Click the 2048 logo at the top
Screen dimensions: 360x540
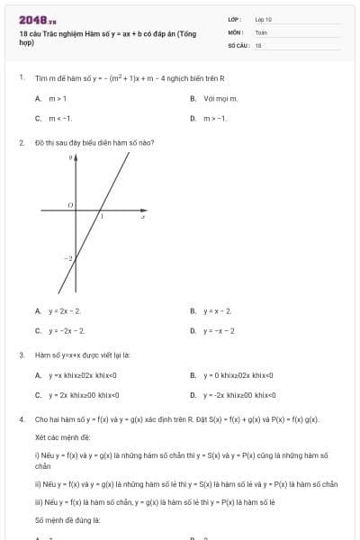click(36, 19)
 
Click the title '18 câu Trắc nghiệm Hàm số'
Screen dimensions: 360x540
click(107, 33)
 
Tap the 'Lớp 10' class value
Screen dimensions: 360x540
click(264, 19)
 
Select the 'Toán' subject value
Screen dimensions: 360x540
click(261, 31)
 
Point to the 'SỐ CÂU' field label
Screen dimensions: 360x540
click(237, 44)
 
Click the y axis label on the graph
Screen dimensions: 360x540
click(71, 157)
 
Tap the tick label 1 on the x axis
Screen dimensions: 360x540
click(101, 217)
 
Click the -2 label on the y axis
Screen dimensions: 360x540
click(66, 258)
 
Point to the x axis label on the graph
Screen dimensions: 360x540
click(144, 217)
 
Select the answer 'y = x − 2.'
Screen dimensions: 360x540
click(218, 310)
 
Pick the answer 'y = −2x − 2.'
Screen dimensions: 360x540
click(66, 330)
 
